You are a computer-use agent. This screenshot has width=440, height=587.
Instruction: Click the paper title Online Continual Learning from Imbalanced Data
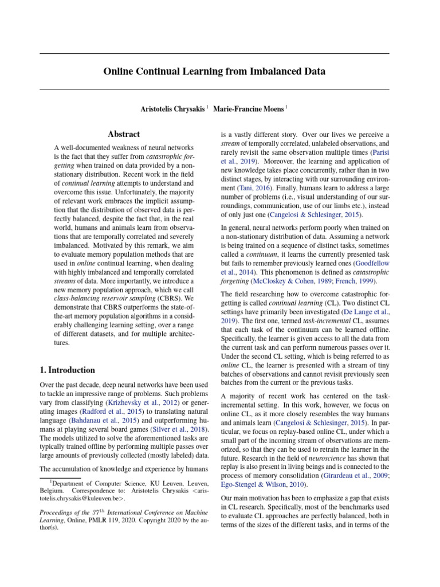pos(214,72)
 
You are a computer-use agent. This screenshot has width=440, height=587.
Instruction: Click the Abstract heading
pos(124,134)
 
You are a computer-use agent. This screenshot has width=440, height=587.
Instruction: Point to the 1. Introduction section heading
pos(68,370)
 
